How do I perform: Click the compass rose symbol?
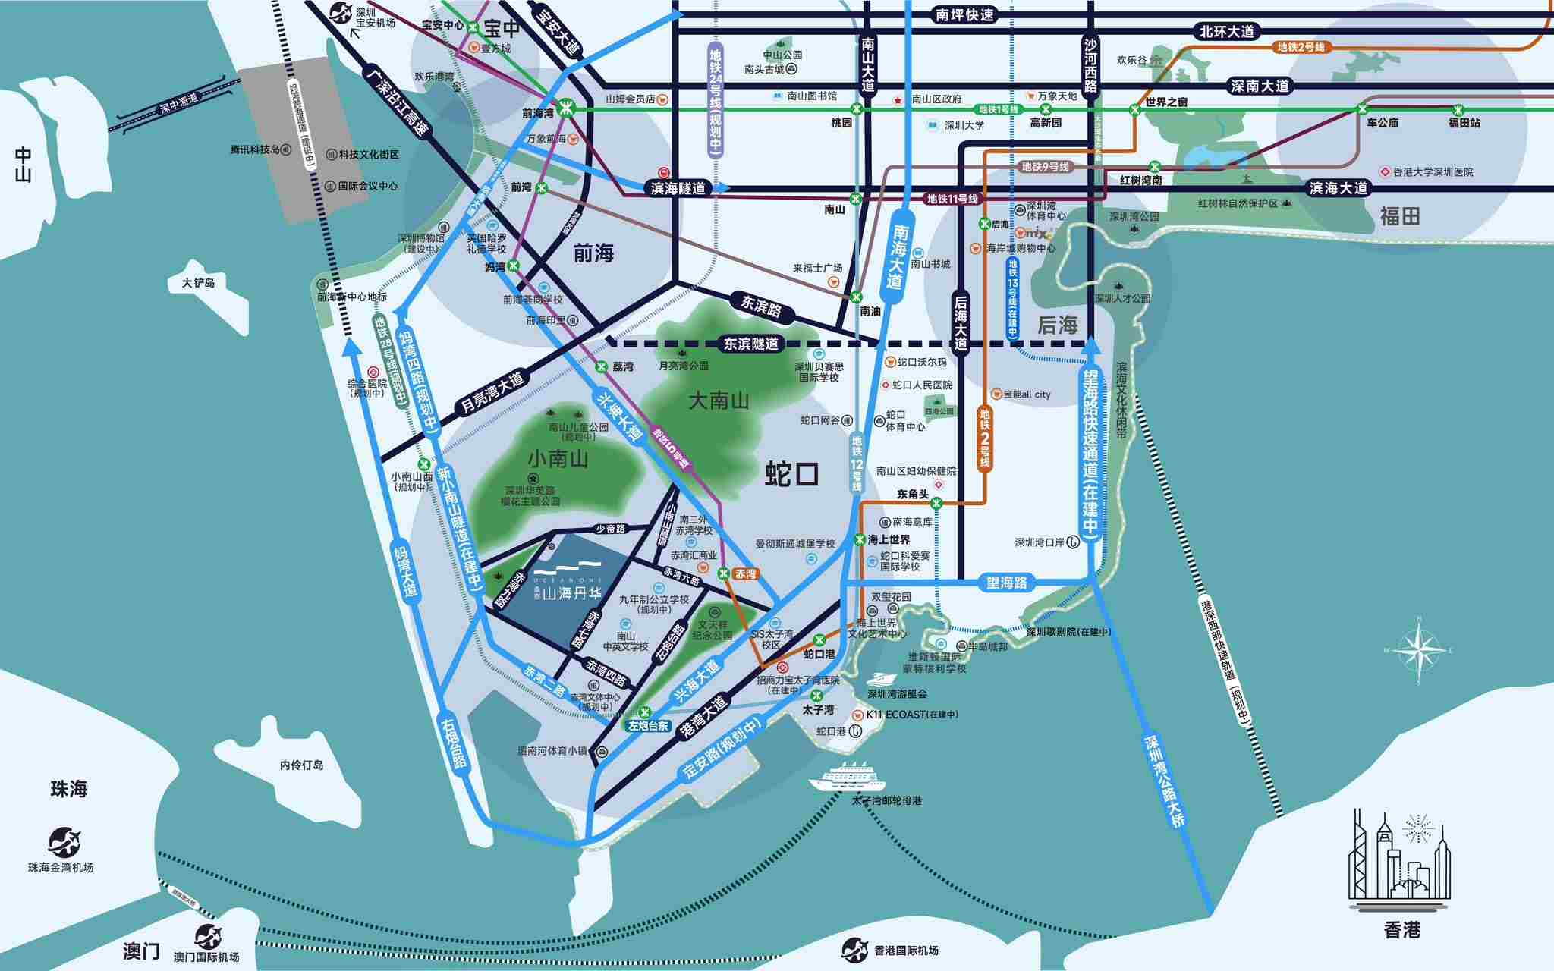(1417, 650)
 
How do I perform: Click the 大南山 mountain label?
(718, 401)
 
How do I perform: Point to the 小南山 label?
(558, 459)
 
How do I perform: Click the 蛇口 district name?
(791, 474)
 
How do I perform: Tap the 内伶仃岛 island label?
(301, 765)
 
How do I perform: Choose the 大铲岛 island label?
(198, 283)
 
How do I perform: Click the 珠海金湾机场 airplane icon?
(64, 843)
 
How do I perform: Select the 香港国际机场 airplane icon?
(854, 950)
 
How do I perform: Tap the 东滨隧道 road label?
(750, 344)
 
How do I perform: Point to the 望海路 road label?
(1006, 583)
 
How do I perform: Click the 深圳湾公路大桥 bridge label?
(1164, 781)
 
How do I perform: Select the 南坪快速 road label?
(964, 14)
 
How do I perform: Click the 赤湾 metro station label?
(745, 574)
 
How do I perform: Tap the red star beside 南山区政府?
(898, 99)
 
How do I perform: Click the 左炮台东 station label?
(648, 726)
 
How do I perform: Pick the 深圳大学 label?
(964, 126)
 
